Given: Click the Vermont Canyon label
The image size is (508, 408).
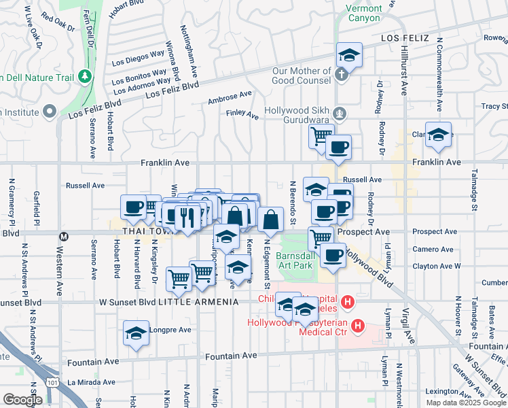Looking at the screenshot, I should pyautogui.click(x=364, y=13).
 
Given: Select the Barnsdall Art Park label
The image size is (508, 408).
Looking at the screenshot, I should pyautogui.click(x=294, y=260).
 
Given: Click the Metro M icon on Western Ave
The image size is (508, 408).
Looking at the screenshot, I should pyautogui.click(x=64, y=237).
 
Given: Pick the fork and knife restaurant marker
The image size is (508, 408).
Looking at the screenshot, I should pyautogui.click(x=185, y=216).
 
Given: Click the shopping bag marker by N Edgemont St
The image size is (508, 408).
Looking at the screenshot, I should pyautogui.click(x=270, y=220).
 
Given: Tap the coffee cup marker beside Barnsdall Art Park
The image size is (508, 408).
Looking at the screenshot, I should pyautogui.click(x=333, y=256).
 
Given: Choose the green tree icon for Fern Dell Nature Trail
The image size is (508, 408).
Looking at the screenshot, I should pyautogui.click(x=84, y=75).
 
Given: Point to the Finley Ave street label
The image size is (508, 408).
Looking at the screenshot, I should pyautogui.click(x=242, y=115).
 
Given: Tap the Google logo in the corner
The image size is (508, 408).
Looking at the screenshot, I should pyautogui.click(x=22, y=400).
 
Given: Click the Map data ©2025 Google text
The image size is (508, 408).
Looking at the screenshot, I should pyautogui.click(x=465, y=403).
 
